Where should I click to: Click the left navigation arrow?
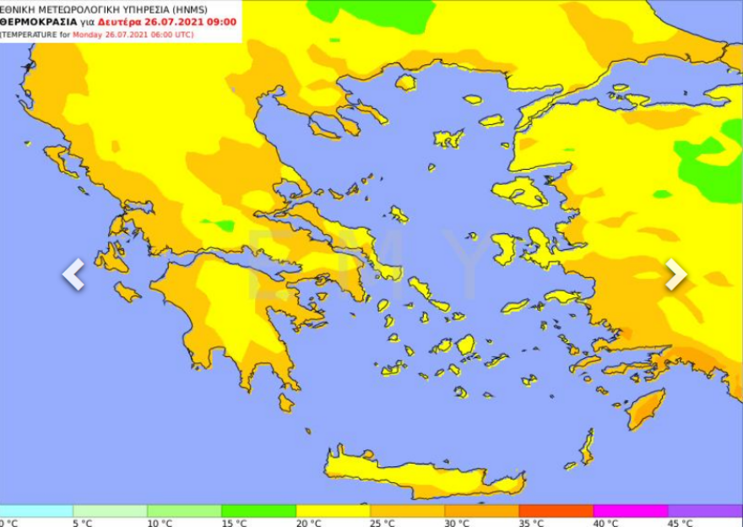pos(73,274)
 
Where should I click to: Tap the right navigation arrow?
pos(675,274)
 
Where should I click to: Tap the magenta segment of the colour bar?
pos(630,511)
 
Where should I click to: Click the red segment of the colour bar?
pos(556,511)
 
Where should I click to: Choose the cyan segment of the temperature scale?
pos(36,511)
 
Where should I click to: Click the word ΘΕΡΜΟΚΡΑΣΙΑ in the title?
pos(39,22)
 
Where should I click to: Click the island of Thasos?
pos(406,83)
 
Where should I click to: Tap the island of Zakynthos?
pos(127,292)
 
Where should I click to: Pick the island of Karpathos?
pos(586,445)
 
